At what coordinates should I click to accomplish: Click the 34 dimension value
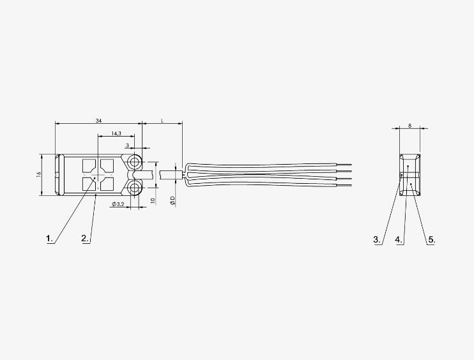[x=98, y=121]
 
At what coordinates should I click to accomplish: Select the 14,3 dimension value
[x=116, y=133]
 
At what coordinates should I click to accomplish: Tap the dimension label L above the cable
[x=162, y=121]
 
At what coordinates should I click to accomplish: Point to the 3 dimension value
[x=127, y=146]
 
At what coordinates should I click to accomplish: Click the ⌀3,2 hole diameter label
[x=118, y=204]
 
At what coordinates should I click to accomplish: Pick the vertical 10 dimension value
[x=153, y=200]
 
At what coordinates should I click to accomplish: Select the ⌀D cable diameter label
[x=172, y=200]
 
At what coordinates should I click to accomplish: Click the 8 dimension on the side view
[x=409, y=125]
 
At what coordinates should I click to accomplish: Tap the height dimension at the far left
[x=39, y=174]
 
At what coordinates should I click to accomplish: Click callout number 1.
[x=49, y=239]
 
